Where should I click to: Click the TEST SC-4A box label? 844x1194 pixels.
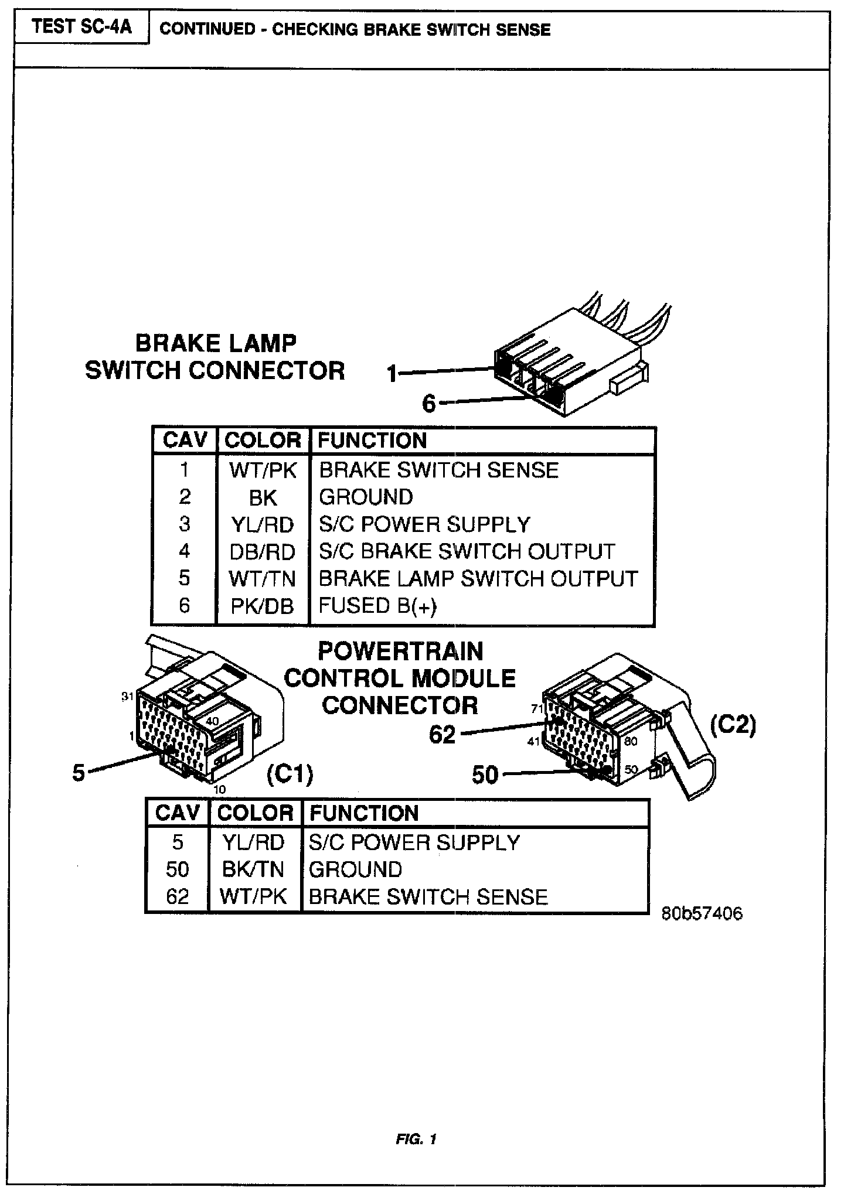point(82,27)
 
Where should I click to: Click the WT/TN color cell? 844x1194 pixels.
point(262,579)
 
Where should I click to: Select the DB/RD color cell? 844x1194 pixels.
point(262,552)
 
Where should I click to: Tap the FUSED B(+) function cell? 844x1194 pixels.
point(377,606)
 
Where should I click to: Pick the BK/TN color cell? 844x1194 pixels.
point(253,869)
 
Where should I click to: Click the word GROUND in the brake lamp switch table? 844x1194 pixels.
point(366,497)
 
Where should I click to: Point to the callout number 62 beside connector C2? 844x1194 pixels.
point(443,734)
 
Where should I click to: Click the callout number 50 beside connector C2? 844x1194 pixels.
point(485,775)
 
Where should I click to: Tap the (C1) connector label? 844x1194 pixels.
point(290,775)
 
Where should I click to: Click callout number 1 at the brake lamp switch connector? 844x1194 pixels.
point(392,373)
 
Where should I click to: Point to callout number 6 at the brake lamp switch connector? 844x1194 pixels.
point(430,404)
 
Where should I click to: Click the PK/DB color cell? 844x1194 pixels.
point(262,606)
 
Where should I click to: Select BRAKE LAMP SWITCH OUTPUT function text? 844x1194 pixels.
point(478,579)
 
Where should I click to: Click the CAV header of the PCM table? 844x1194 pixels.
point(177,813)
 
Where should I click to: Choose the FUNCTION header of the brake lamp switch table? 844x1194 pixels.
point(372,441)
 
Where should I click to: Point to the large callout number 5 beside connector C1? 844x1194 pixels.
point(79,773)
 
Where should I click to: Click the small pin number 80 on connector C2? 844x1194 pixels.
point(631,741)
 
